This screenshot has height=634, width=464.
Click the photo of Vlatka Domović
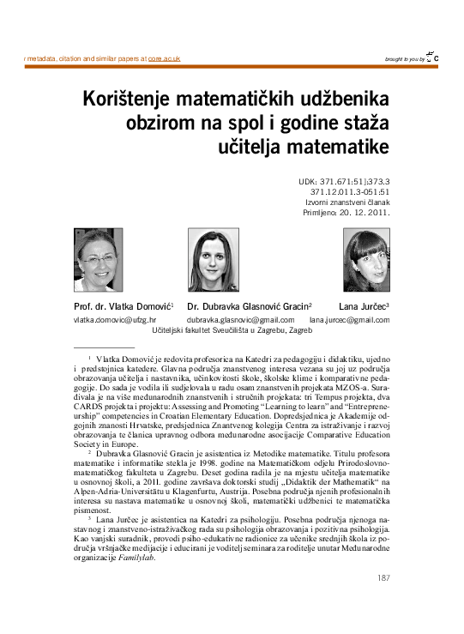click(99, 259)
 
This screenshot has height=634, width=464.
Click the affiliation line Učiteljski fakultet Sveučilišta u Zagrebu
click(231, 329)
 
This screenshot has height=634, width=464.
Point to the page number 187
click(383, 577)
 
